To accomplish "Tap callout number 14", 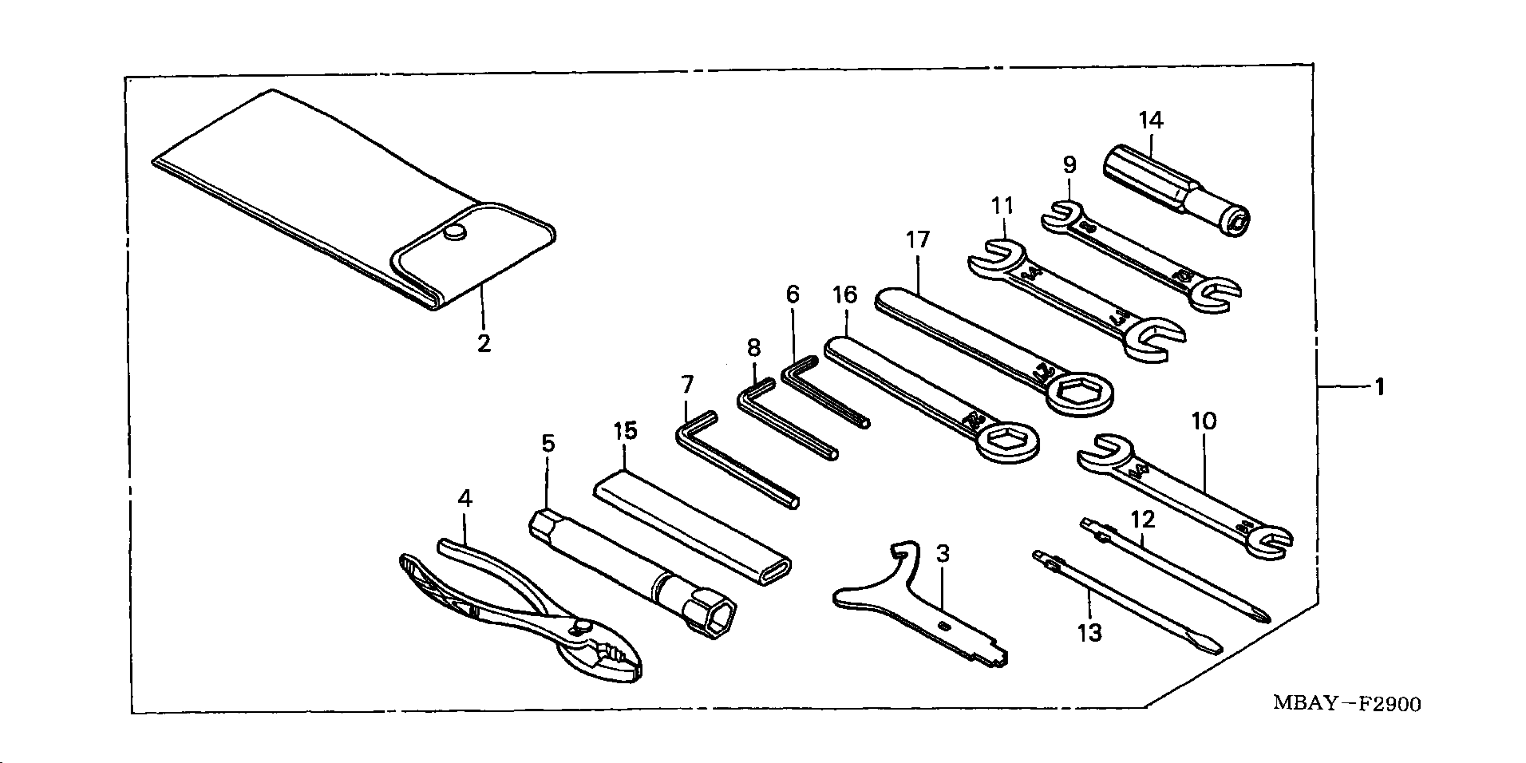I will (1151, 121).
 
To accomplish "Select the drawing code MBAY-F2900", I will (1346, 703).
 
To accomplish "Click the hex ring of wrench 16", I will (1005, 441).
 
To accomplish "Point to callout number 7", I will (687, 386).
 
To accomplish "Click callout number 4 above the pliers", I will (465, 500).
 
